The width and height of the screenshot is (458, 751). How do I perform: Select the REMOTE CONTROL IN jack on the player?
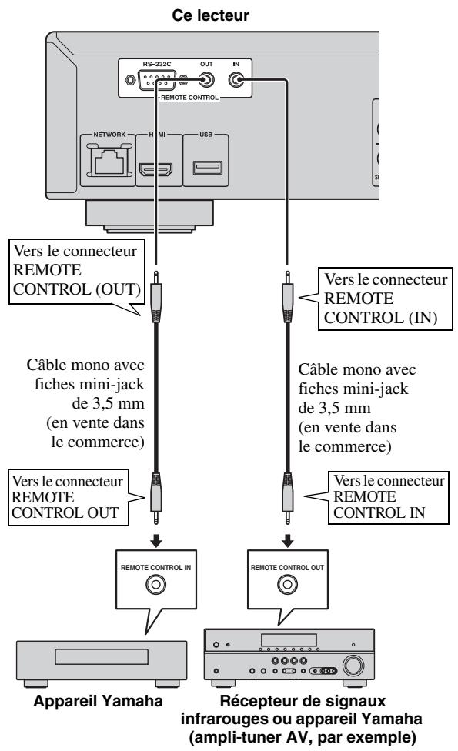[239, 79]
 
